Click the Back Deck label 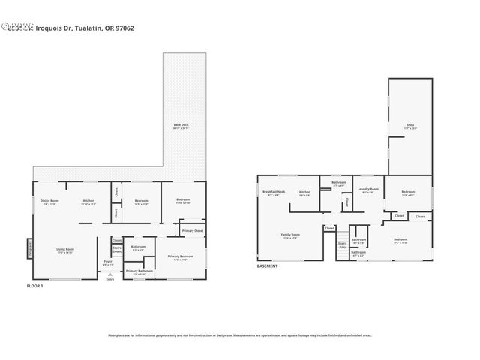pyautogui.click(x=181, y=126)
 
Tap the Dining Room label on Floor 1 pyautogui.click(x=49, y=202)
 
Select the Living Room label pyautogui.click(x=65, y=250)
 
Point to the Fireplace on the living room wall pyautogui.click(x=30, y=247)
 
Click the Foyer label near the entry pyautogui.click(x=108, y=263)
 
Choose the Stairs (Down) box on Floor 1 pyautogui.click(x=117, y=249)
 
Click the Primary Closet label pyautogui.click(x=193, y=231)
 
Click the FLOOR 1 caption pyautogui.click(x=36, y=286)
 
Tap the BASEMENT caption pyautogui.click(x=268, y=266)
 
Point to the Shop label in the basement pyautogui.click(x=410, y=126)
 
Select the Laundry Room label pyautogui.click(x=367, y=190)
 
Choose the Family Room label pyautogui.click(x=290, y=235)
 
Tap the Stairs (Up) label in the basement pyautogui.click(x=342, y=244)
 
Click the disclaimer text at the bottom pyautogui.click(x=240, y=335)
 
